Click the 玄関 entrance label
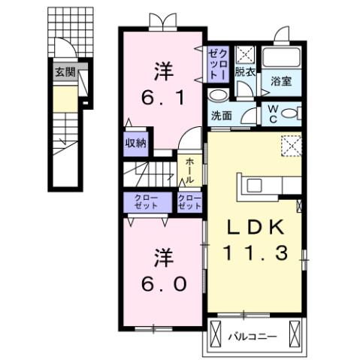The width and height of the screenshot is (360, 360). pos(65,73)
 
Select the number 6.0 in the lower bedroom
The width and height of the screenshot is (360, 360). pos(162,284)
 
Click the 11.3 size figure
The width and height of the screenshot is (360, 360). pos(255,253)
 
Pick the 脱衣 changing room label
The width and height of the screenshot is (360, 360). pos(244,73)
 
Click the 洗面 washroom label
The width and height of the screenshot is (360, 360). pos(221,116)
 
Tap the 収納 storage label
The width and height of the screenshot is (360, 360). pos(136,141)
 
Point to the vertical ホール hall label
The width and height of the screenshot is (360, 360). pos(189,171)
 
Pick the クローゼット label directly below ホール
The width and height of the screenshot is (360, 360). pos(189,201)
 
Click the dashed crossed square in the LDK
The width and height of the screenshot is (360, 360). pos(290,144)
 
